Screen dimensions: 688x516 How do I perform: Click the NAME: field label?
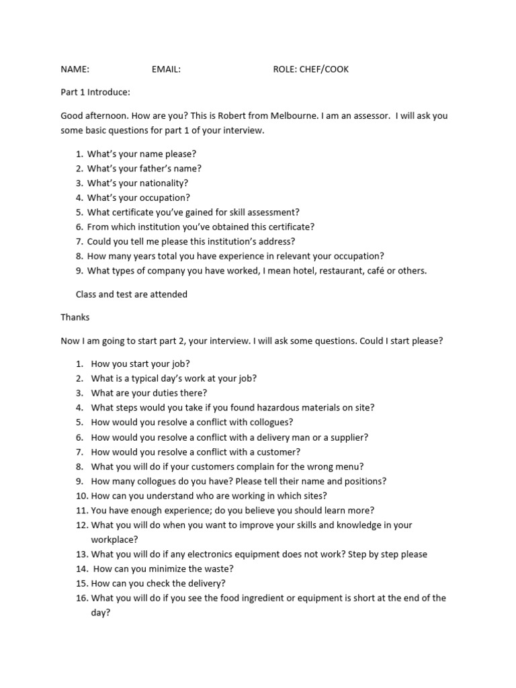pos(75,69)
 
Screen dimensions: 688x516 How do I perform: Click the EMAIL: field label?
pos(166,69)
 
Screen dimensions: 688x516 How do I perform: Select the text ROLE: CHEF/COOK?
pos(311,69)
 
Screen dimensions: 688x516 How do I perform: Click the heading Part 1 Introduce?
pos(95,92)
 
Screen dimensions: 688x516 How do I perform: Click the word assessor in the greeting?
pos(369,116)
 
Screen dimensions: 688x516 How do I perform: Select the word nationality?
pos(163,183)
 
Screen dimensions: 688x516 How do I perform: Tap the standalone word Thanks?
pos(75,317)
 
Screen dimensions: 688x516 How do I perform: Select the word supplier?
pos(345,437)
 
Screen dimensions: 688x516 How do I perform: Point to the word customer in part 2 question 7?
pos(282,452)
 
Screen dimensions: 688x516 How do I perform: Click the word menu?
pos(351,466)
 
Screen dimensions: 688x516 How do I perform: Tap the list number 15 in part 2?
pos(81,584)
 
